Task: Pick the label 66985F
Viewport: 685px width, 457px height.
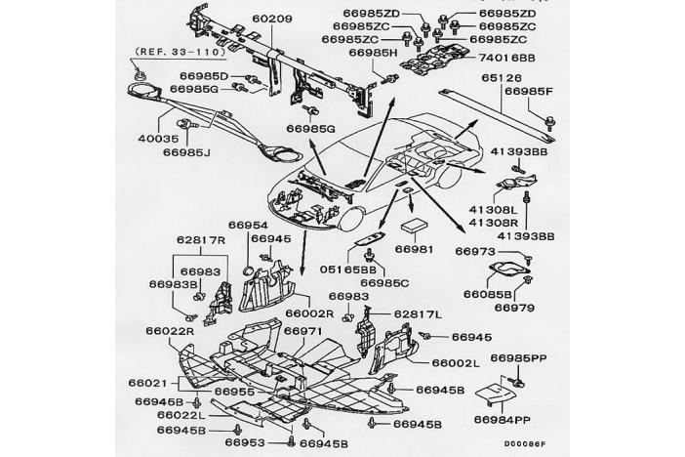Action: [529, 90]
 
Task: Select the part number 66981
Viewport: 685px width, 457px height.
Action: [414, 249]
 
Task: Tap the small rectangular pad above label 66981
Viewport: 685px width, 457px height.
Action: [418, 225]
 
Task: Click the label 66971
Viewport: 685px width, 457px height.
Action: [302, 331]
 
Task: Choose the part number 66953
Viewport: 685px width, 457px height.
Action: [246, 442]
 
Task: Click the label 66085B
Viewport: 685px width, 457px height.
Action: [487, 294]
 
